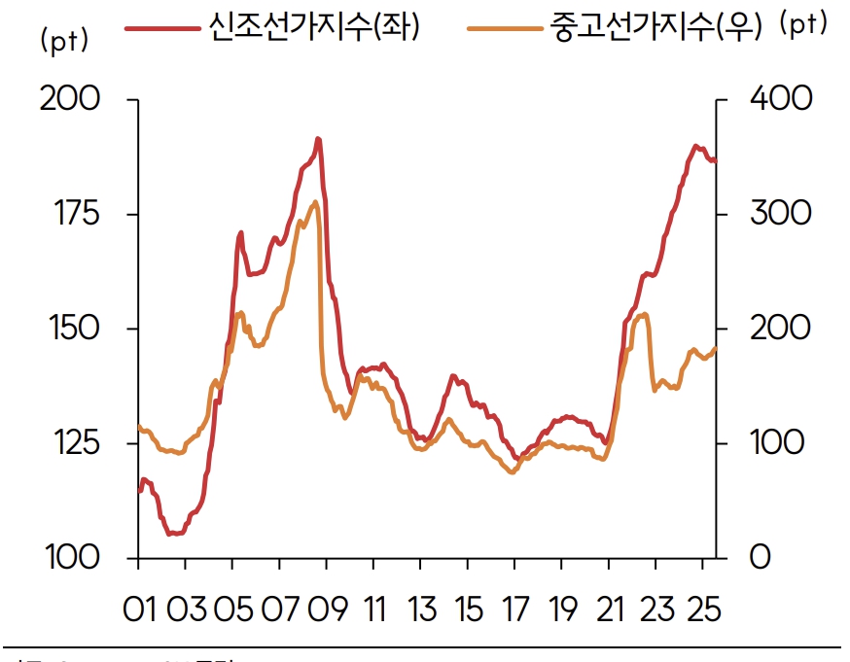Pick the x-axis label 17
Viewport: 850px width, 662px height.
click(514, 610)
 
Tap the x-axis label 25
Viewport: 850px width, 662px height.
click(702, 610)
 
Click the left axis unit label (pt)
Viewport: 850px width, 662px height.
click(64, 41)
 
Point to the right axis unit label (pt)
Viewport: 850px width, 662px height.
click(803, 26)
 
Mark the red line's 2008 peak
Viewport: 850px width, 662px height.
click(317, 139)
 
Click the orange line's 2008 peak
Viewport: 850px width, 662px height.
click(315, 202)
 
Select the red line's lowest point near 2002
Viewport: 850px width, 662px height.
click(171, 534)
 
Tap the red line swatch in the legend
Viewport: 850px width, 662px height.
click(161, 27)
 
